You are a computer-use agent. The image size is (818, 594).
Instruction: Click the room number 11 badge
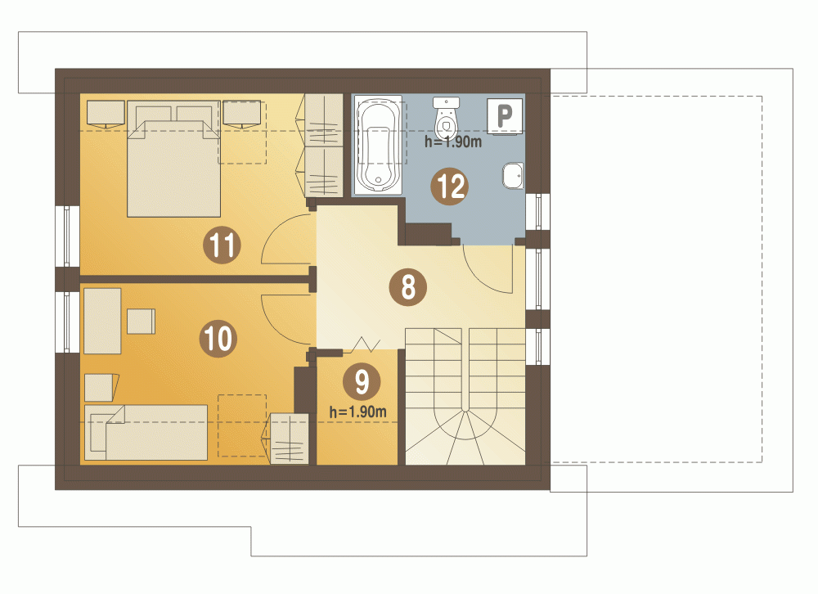pos(222,245)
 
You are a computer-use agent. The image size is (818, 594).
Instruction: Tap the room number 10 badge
pos(218,338)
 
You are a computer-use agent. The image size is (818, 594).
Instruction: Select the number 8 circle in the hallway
pos(408,287)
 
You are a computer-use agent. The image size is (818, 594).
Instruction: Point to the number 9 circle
pos(362,381)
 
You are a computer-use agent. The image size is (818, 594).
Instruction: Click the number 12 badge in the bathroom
pos(450,186)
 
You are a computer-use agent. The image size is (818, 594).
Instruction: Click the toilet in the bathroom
pos(446,118)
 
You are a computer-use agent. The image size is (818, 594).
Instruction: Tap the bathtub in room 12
pos(378,145)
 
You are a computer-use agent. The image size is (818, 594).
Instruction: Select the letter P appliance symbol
pos(505,116)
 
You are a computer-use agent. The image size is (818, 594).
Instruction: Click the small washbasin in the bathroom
pos(514,176)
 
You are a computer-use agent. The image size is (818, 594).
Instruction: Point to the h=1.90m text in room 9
pos(358,412)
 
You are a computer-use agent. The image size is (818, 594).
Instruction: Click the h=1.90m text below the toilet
pos(453,142)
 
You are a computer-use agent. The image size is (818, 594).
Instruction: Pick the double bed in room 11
pos(173,159)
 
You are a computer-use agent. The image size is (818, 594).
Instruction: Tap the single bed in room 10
pos(146,433)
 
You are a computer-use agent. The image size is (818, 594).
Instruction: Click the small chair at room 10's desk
pos(141,321)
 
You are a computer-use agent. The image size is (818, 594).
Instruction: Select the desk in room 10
pos(102,321)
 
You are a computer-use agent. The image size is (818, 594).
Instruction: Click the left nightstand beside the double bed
pos(106,114)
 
